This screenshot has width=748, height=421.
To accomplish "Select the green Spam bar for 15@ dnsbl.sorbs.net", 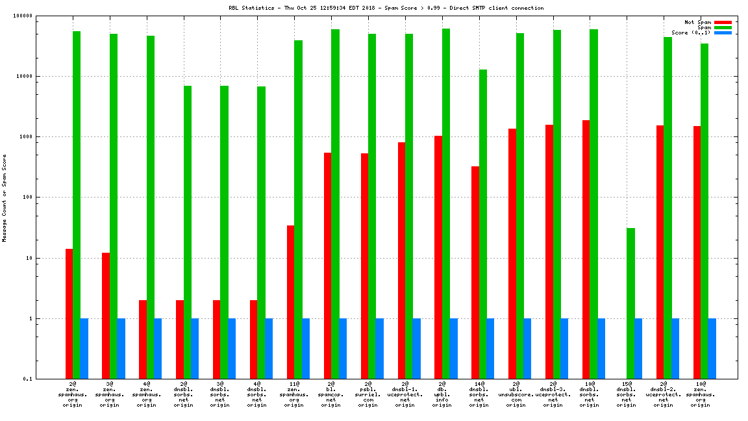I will pos(630,303).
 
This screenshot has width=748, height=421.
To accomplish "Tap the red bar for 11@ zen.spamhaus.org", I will pos(290,302).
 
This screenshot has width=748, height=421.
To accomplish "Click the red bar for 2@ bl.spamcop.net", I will pos(327,266).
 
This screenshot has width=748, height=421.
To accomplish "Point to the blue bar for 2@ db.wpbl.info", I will pos(453,348).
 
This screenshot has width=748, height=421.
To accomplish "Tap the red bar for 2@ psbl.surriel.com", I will pos(364,266).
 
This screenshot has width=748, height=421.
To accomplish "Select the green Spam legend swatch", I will pos(723,27).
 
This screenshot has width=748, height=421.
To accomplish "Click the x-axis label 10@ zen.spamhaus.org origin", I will pos(700,394).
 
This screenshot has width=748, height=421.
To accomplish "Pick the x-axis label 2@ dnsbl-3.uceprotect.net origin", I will pos(553,394).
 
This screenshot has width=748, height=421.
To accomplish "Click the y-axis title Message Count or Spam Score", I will pos(5,198).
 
